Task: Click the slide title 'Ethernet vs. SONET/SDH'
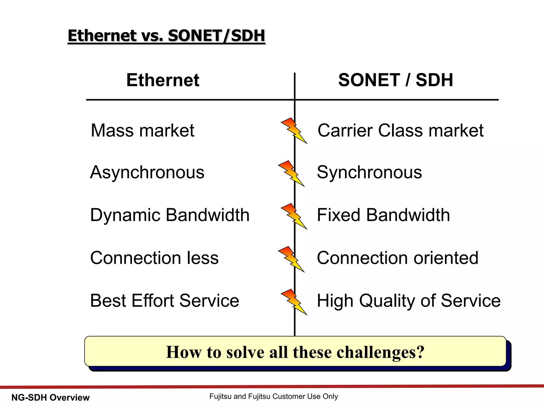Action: [166, 36]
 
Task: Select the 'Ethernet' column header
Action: [163, 80]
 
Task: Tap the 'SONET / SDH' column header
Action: [396, 80]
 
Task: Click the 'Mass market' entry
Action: [142, 130]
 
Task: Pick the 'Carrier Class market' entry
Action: [400, 130]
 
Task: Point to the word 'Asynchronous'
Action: [147, 172]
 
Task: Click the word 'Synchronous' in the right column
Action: [369, 172]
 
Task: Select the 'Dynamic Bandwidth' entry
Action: [170, 215]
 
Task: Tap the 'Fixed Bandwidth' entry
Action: [383, 215]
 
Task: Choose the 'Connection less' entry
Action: [154, 258]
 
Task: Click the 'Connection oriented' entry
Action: [397, 258]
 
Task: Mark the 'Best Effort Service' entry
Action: [164, 301]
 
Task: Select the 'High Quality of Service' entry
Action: [409, 301]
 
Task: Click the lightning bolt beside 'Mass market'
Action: [294, 131]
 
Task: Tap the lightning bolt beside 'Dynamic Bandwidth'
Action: [294, 216]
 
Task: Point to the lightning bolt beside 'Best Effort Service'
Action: [294, 302]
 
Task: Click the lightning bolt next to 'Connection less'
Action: [291, 259]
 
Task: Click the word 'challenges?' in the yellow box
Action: [380, 352]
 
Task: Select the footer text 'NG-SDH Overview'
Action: [50, 398]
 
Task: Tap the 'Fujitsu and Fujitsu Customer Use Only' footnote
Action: [274, 396]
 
